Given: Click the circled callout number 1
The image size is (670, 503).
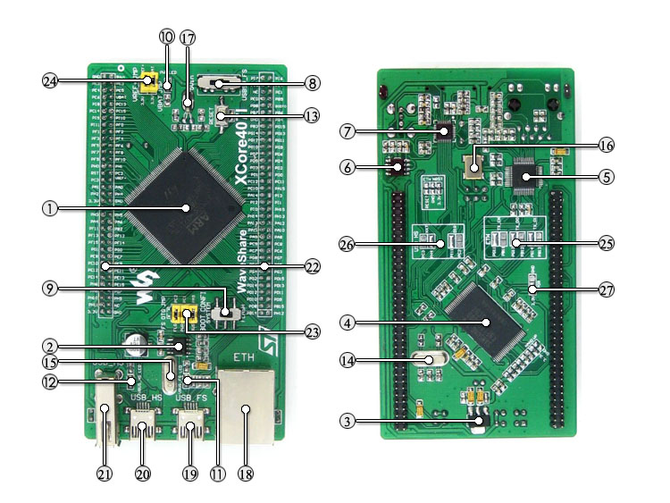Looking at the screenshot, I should (x=50, y=208).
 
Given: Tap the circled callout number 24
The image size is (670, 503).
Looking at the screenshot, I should (x=50, y=80).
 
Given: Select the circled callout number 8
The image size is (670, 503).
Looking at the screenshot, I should (x=311, y=83).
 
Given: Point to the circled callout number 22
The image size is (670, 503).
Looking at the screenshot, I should (x=311, y=266).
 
